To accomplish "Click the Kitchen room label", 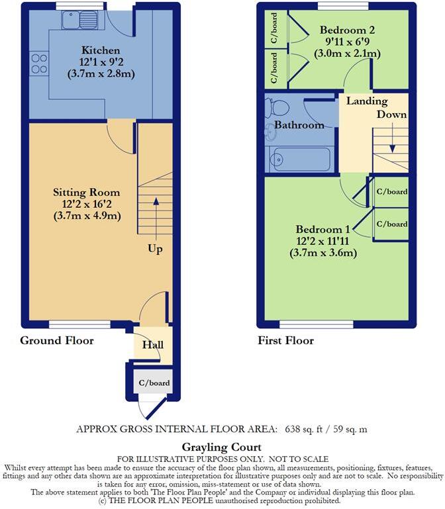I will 101,50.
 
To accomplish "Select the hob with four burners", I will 39,64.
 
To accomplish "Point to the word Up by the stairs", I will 156,250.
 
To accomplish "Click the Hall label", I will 153,345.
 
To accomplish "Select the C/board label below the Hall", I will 154,383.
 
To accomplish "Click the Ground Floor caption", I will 56,341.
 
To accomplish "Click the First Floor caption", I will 285,341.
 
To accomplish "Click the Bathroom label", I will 299,125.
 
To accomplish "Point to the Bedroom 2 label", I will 348,30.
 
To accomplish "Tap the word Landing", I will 366,102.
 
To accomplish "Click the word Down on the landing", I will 391,115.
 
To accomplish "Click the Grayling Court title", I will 222,447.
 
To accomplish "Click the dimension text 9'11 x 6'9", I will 348,42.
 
